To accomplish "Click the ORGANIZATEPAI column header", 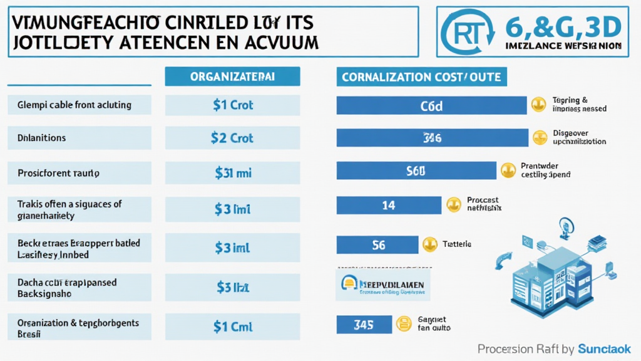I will (233, 76).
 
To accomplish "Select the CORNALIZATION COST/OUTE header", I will (422, 76).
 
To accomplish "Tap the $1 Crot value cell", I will (233, 105).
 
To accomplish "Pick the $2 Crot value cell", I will (233, 138).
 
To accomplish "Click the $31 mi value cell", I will (233, 173).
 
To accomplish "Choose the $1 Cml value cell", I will (233, 326).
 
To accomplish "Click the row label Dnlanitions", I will (79, 138).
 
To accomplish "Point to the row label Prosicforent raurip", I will (79, 173).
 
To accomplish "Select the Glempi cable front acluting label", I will (79, 105).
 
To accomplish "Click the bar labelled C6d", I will (431, 105).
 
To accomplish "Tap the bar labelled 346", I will (431, 137).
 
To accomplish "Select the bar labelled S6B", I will (416, 170).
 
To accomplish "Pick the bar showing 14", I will (388, 204).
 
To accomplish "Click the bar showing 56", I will (377, 245).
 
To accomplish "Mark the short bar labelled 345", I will (364, 324).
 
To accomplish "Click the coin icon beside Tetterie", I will (429, 244).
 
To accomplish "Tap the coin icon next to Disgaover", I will (539, 137).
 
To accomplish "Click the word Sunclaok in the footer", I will (604, 349).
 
